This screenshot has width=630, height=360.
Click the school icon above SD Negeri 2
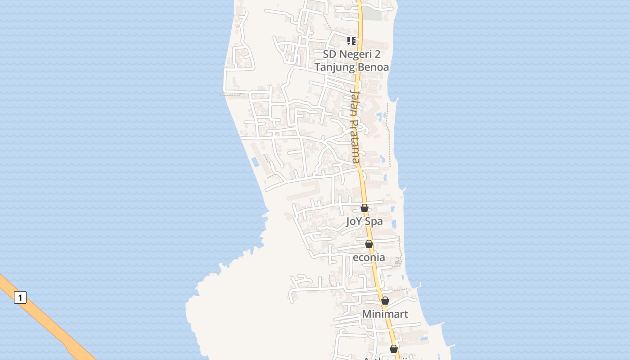[x=351, y=41]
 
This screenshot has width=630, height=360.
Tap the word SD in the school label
[x=329, y=54]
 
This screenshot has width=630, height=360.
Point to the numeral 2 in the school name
[x=377, y=54]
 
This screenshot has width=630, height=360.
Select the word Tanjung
[x=331, y=67]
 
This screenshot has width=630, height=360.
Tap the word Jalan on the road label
[x=355, y=103]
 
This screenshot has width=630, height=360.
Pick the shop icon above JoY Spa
[x=364, y=208]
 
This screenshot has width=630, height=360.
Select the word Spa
[x=374, y=221]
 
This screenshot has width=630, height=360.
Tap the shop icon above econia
[x=369, y=244]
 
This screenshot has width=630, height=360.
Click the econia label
[x=369, y=257]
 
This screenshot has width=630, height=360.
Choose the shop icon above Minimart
[x=385, y=301]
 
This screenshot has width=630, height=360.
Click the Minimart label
[x=385, y=314]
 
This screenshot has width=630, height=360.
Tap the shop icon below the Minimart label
[x=394, y=349]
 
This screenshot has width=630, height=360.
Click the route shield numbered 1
[x=20, y=297]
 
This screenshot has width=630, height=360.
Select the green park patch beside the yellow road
[x=372, y=13]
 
